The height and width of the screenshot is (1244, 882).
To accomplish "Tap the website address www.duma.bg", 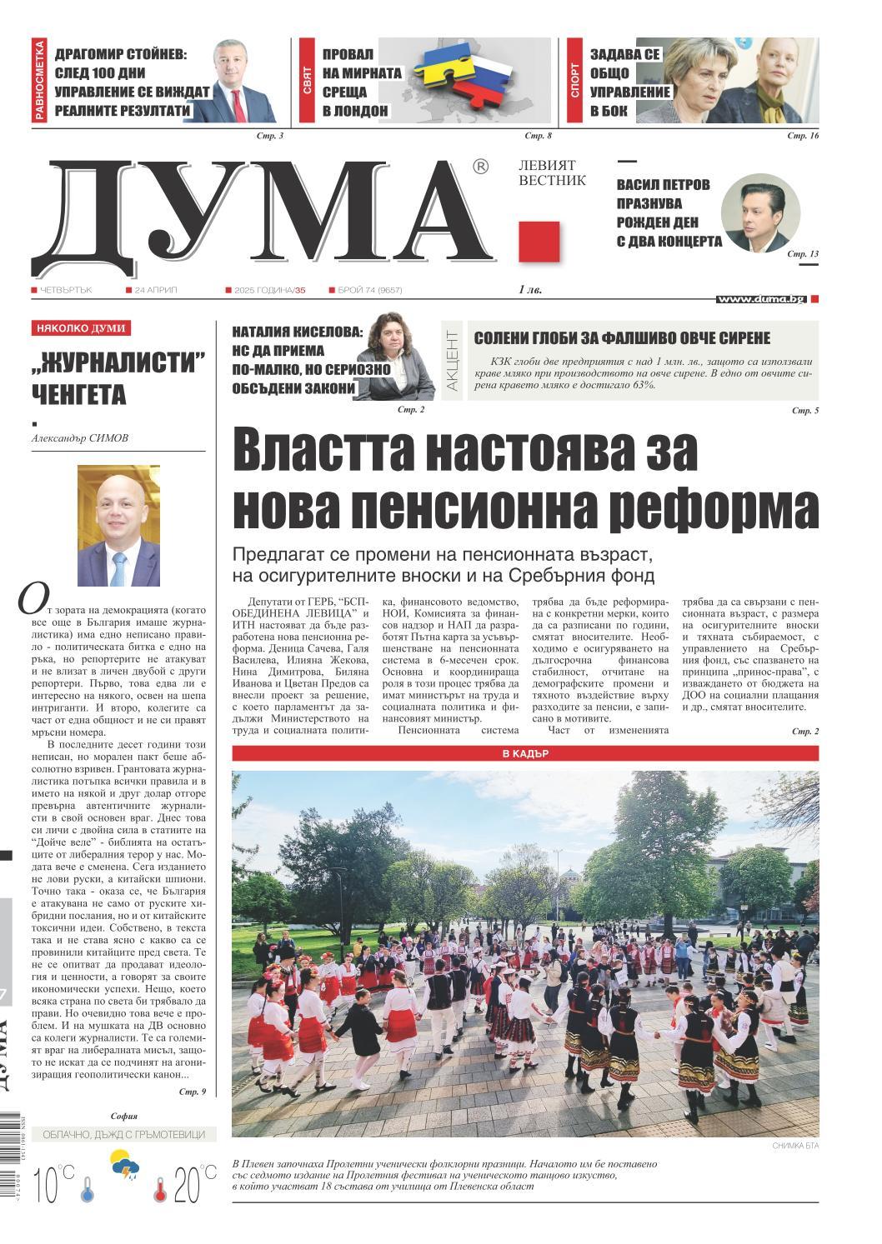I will coord(761,298).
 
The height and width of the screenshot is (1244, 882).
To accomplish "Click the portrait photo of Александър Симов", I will coord(118,526).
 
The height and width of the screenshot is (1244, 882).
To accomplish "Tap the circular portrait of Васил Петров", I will coord(759,213).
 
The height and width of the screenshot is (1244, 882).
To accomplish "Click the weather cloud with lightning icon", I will coord(126,1167).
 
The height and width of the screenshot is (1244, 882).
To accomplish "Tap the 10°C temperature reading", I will coord(55,1182).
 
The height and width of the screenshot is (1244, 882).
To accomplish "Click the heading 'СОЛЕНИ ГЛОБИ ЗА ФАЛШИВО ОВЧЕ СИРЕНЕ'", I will coord(622,338).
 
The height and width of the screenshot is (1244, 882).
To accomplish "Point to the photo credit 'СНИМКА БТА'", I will coord(795,1147).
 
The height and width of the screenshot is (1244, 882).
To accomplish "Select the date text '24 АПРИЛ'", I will coord(156,290).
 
